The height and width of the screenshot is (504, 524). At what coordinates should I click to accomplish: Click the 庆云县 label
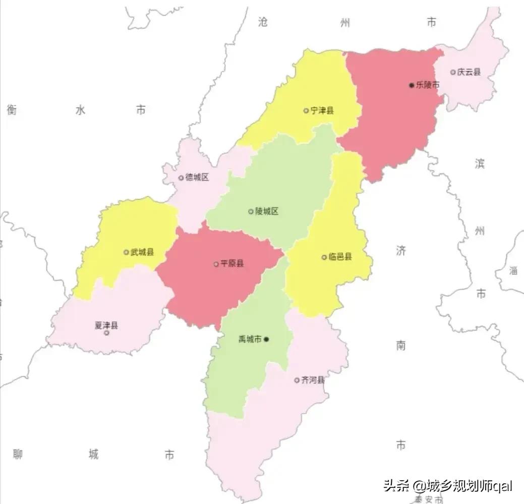click(x=469, y=72)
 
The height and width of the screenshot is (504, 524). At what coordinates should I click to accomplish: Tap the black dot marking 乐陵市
click(x=412, y=85)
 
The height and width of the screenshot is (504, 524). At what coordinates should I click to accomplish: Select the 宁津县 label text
click(x=322, y=110)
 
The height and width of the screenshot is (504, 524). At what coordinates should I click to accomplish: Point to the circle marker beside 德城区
click(x=181, y=178)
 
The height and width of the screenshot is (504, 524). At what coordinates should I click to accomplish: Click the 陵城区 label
click(x=267, y=211)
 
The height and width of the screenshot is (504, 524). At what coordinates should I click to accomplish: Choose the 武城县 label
click(x=142, y=252)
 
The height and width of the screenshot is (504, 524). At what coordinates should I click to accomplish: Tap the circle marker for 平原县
click(x=216, y=264)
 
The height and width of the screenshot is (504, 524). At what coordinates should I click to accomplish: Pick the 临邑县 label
click(x=340, y=257)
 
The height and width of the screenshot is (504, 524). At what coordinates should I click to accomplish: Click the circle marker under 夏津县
click(x=106, y=333)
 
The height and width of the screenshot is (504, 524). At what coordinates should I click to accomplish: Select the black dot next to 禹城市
click(x=267, y=340)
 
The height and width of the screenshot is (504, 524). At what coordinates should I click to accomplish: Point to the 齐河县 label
click(x=313, y=380)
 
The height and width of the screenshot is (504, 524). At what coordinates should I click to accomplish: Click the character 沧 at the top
click(x=263, y=22)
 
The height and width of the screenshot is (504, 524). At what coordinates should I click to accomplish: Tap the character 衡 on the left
click(x=12, y=109)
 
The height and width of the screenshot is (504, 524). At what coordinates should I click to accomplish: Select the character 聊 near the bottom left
click(x=18, y=455)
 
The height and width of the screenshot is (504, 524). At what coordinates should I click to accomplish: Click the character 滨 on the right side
click(x=480, y=163)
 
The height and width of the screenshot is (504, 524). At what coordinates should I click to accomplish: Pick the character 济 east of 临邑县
click(x=401, y=250)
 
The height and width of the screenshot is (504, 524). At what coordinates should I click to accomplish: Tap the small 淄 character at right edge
click(x=513, y=270)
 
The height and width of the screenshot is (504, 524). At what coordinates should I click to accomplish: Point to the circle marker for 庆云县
click(x=453, y=72)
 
